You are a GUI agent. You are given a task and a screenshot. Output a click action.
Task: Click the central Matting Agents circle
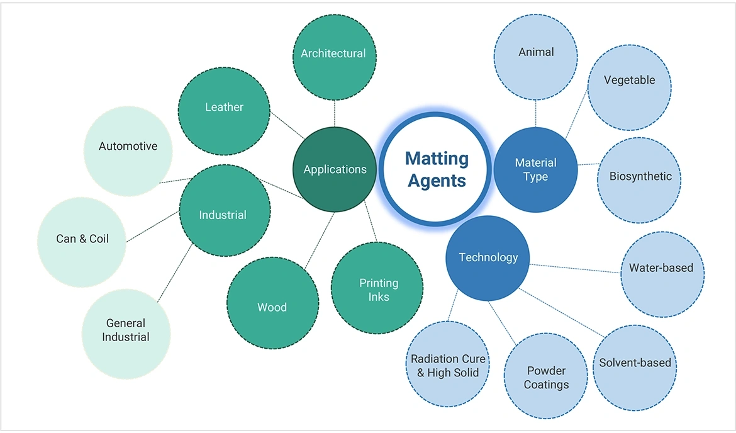[x=437, y=169]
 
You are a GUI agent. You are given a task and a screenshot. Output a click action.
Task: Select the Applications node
[x=335, y=169]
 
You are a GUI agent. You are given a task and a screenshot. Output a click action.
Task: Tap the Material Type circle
[x=535, y=169]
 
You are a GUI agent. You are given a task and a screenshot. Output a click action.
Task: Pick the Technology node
[x=488, y=257]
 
